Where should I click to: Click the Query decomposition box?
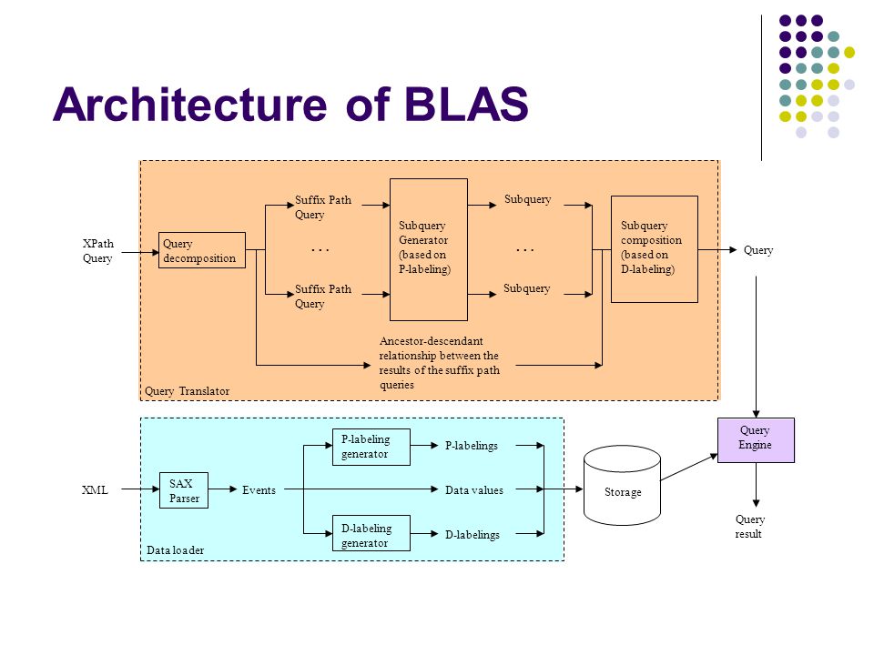(x=202, y=250)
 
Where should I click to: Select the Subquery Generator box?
(x=429, y=249)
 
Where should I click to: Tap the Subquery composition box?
(x=655, y=249)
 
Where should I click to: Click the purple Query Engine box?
(x=756, y=440)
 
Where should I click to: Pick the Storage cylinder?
(x=622, y=485)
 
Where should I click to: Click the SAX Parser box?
(x=184, y=490)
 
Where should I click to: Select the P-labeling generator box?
(x=371, y=447)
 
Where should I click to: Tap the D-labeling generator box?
(x=371, y=533)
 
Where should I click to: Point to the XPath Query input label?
(x=98, y=251)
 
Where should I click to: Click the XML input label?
(x=95, y=490)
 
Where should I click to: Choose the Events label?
(x=259, y=490)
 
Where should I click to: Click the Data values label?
(x=473, y=490)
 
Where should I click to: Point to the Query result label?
(x=749, y=527)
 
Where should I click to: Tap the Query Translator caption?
(x=187, y=391)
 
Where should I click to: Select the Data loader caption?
(x=175, y=550)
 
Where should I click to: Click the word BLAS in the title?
(x=466, y=104)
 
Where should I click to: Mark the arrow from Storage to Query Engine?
(x=689, y=467)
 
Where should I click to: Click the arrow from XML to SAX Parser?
(x=140, y=489)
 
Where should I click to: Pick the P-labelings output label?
(x=471, y=446)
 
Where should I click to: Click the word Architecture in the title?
(x=189, y=104)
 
